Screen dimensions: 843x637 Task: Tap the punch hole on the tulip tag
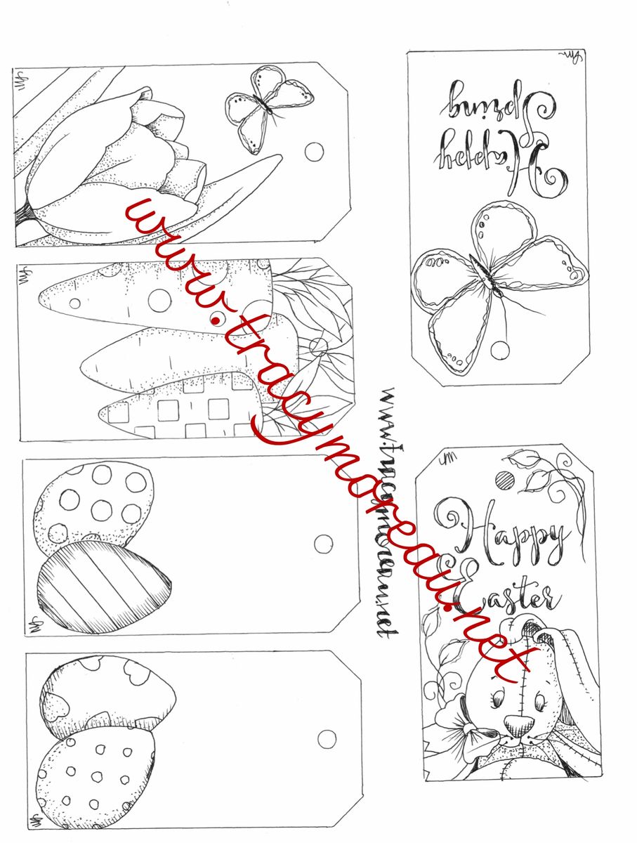coord(315,152)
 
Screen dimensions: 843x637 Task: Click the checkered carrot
coord(183,407)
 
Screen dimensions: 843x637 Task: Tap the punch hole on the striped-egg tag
coord(324,544)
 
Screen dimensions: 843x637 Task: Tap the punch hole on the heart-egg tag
coord(327,738)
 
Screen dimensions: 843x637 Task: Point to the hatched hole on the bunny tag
coord(504,481)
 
